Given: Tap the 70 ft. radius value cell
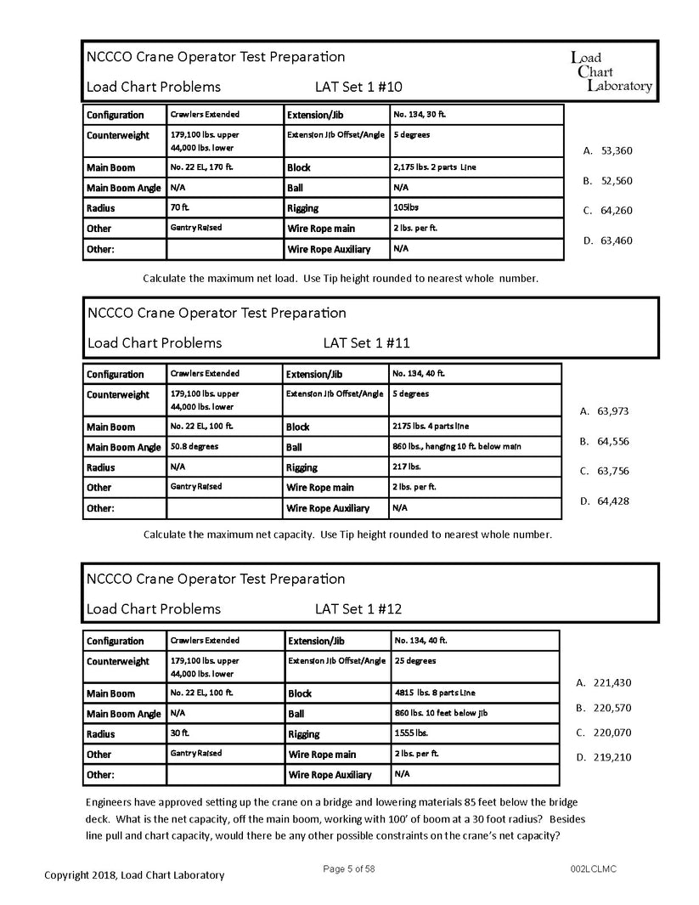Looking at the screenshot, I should (x=181, y=207).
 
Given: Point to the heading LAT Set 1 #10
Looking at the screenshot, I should (x=358, y=87).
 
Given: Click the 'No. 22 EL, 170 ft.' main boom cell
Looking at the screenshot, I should (x=201, y=167).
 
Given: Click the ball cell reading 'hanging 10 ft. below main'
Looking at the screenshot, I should (x=457, y=446).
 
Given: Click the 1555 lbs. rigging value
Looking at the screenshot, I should (x=411, y=732).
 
